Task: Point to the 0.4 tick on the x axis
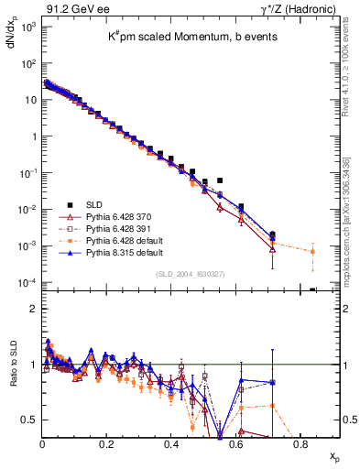[x=171, y=443]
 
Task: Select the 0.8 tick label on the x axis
[x=300, y=443]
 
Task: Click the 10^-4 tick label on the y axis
[x=27, y=283]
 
